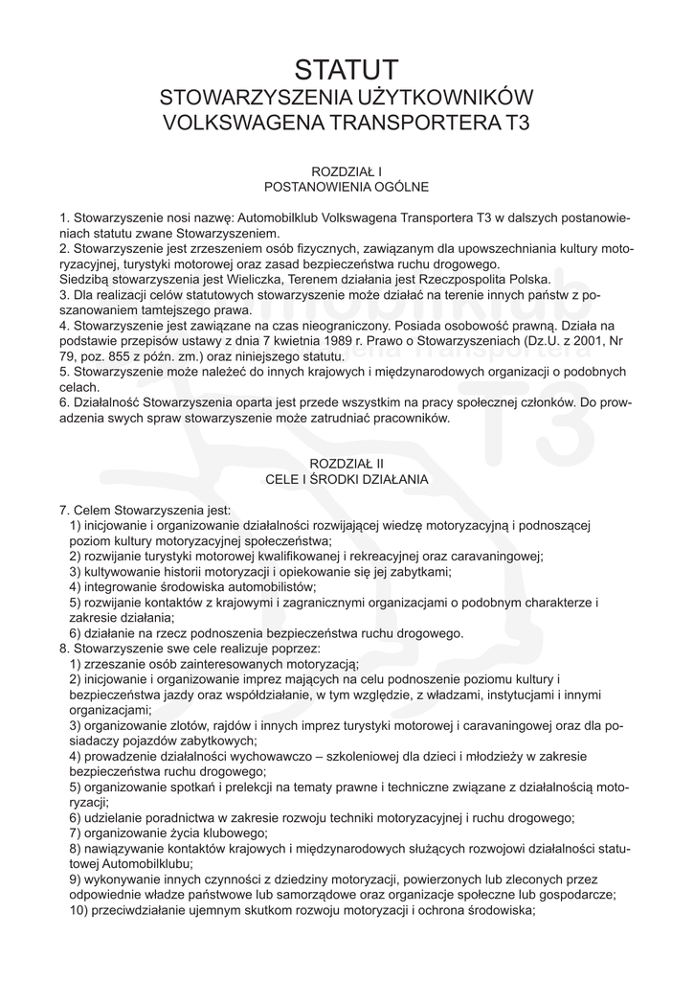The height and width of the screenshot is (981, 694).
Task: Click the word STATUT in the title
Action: pyautogui.click(x=347, y=70)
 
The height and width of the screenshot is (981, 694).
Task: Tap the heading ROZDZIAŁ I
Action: pyautogui.click(x=347, y=171)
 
